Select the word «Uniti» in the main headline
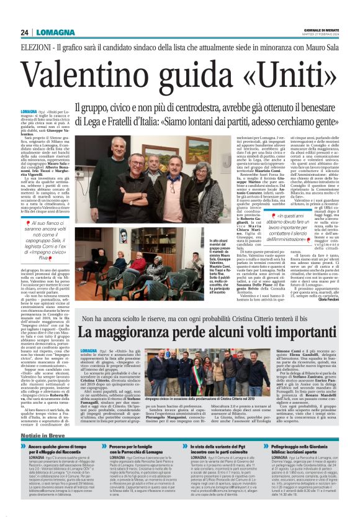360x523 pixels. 286,76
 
